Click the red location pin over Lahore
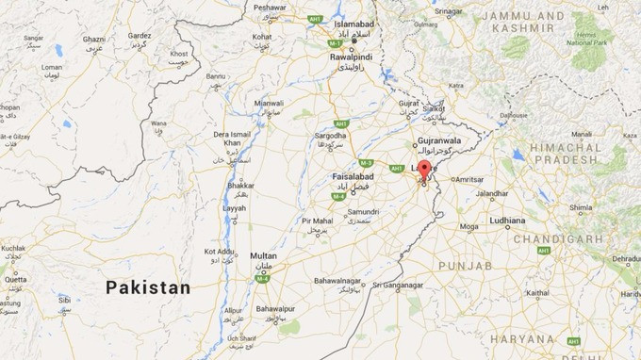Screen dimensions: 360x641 click(424, 171)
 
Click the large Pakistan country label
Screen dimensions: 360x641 click(148, 287)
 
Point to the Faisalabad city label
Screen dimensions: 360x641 click(353, 176)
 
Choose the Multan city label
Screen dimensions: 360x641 click(264, 255)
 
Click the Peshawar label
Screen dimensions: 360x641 click(270, 7)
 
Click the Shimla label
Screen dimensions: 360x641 click(580, 207)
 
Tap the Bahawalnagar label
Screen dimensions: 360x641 click(337, 280)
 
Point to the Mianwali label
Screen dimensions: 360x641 click(269, 103)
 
